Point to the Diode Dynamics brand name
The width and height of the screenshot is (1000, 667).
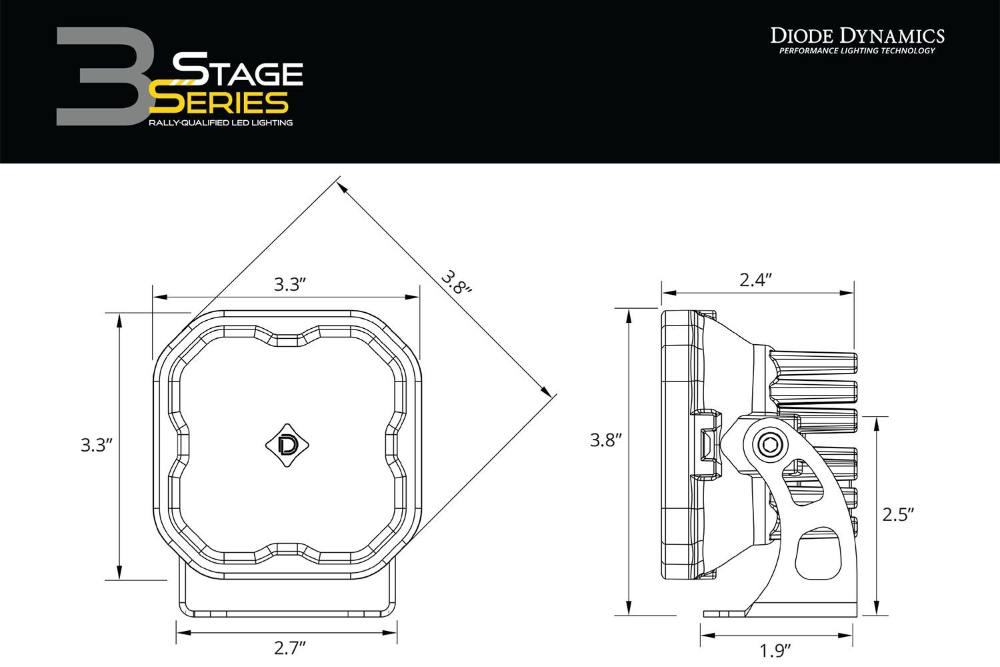[857, 35]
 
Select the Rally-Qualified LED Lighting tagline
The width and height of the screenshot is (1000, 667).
[221, 123]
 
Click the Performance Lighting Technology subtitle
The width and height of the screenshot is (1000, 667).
[857, 51]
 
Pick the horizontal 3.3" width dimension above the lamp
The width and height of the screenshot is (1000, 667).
[289, 285]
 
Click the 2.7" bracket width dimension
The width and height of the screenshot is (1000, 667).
[289, 648]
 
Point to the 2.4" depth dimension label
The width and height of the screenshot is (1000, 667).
[756, 279]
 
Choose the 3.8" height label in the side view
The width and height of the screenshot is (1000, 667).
[606, 440]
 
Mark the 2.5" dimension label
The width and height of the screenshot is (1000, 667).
[897, 514]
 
